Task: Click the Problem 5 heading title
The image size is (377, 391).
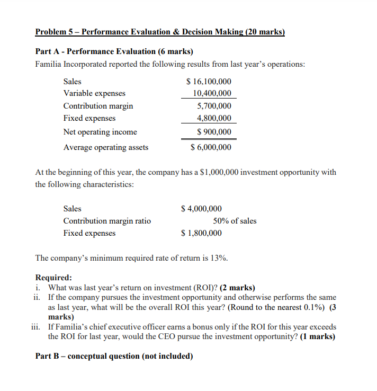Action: (160, 32)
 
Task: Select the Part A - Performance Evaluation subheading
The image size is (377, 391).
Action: (114, 52)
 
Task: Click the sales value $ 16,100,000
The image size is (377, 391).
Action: (209, 82)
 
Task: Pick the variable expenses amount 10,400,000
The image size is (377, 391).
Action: (212, 93)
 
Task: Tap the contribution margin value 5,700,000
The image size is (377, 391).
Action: (214, 106)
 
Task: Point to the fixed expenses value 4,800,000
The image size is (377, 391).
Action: (214, 118)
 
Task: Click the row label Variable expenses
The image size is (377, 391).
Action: (94, 93)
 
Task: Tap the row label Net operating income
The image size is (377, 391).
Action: (100, 132)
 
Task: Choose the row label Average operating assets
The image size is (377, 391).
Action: (106, 147)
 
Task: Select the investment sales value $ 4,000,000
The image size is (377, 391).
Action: (201, 209)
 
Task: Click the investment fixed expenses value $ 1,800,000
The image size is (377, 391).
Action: (201, 233)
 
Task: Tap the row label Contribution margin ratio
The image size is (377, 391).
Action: (107, 221)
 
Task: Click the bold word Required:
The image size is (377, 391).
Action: (53, 278)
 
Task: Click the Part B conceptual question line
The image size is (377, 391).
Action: (114, 356)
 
